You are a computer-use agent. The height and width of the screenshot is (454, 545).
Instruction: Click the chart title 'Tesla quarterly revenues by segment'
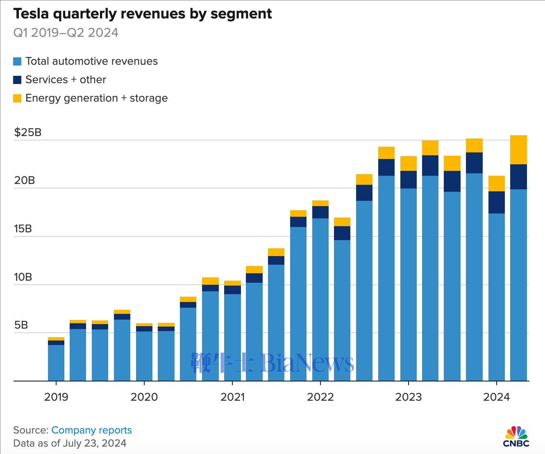[x=143, y=14]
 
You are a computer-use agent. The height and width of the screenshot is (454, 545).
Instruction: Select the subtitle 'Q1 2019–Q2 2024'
[x=66, y=33]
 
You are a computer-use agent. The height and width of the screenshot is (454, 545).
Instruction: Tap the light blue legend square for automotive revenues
[x=17, y=61]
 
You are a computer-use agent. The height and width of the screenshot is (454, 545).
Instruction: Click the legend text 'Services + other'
[x=66, y=79]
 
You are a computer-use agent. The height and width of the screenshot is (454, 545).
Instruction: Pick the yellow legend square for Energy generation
[x=17, y=98]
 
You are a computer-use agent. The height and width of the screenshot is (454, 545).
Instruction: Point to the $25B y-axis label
[x=28, y=132]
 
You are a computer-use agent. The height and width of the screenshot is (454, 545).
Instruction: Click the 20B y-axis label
[x=25, y=181]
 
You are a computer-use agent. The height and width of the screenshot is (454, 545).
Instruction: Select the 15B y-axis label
[x=23, y=229]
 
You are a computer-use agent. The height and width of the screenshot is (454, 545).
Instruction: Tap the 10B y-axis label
[x=23, y=277]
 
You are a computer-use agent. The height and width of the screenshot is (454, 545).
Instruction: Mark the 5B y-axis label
[x=21, y=325]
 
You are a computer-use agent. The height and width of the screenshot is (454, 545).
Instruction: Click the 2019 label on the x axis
[x=56, y=397]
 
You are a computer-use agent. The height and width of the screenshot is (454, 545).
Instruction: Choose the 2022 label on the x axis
[x=320, y=397]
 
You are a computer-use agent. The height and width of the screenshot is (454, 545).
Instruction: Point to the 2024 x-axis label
[x=496, y=397]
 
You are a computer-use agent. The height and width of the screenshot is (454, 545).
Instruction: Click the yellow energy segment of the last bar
[x=518, y=150]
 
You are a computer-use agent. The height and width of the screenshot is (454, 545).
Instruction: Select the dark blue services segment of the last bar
[x=518, y=177]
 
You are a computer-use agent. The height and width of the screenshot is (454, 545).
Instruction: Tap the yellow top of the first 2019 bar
[x=56, y=339]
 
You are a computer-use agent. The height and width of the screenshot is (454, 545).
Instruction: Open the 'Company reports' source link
[x=91, y=430]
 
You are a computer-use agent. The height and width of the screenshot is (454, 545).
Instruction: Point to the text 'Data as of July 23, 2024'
[x=70, y=443]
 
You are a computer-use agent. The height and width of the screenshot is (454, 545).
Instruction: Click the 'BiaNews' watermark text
[x=307, y=363]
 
